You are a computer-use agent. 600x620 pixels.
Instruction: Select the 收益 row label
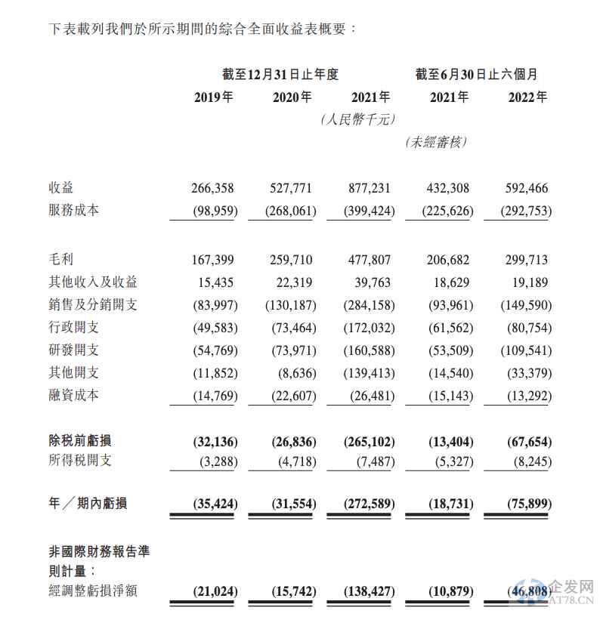(x=61, y=188)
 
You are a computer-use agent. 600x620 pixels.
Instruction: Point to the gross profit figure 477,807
(x=370, y=260)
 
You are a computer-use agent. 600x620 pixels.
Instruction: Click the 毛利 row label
(x=61, y=260)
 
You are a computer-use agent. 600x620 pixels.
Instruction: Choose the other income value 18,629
(x=452, y=282)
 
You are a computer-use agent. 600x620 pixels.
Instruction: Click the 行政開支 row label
(x=73, y=327)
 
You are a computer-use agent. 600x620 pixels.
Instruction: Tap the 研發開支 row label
(x=73, y=350)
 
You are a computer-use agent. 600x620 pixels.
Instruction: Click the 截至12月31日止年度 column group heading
(x=280, y=74)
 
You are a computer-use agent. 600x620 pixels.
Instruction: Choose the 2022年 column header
(x=528, y=97)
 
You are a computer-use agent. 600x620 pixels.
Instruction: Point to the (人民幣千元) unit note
(x=357, y=119)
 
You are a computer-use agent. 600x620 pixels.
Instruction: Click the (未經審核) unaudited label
(x=436, y=142)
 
